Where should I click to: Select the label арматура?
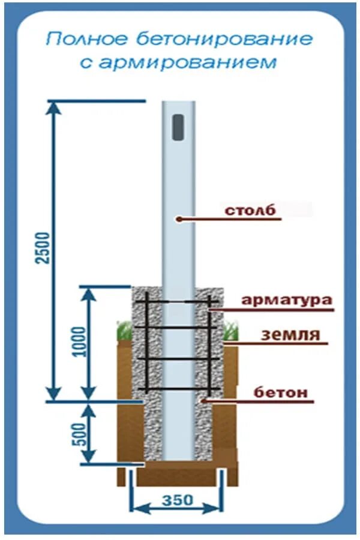287,300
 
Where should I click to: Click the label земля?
290,334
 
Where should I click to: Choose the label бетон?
280,393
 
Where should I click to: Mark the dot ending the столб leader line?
178,220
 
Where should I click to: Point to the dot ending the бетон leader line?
204,401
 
